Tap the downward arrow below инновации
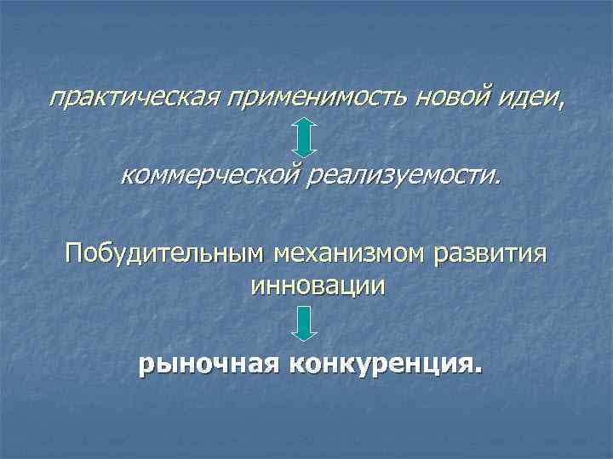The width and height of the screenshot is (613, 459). click(x=306, y=324)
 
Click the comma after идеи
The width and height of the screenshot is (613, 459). click(x=560, y=105)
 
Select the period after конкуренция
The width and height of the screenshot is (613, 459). click(x=478, y=371)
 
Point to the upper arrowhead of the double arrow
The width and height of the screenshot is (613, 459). click(x=306, y=125)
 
